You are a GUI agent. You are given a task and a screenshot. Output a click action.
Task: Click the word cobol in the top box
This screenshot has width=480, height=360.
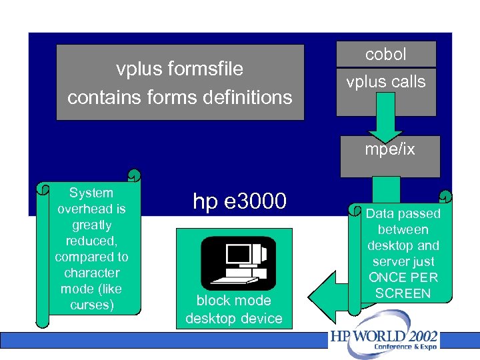[x=386, y=55]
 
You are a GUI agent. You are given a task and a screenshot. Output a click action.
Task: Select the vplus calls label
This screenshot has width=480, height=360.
[x=386, y=82]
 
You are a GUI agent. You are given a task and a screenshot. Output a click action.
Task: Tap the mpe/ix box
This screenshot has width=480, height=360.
[x=390, y=149]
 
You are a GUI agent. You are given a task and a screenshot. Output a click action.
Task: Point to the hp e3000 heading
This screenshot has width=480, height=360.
[x=239, y=201]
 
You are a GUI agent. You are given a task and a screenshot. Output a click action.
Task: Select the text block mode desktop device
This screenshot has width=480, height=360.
[x=234, y=309]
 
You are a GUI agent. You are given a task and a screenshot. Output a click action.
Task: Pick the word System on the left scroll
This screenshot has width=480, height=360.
[x=91, y=193]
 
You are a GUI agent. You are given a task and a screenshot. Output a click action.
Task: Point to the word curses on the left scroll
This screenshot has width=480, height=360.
[x=91, y=305]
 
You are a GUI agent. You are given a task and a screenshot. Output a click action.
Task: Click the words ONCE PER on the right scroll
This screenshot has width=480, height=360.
[x=403, y=277]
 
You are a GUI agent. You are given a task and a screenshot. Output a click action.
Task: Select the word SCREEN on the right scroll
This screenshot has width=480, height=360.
[x=403, y=293]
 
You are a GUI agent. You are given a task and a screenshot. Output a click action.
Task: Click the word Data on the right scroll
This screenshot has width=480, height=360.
[x=381, y=213]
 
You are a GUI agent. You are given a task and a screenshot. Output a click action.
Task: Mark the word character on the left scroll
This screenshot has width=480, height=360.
[x=91, y=273]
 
